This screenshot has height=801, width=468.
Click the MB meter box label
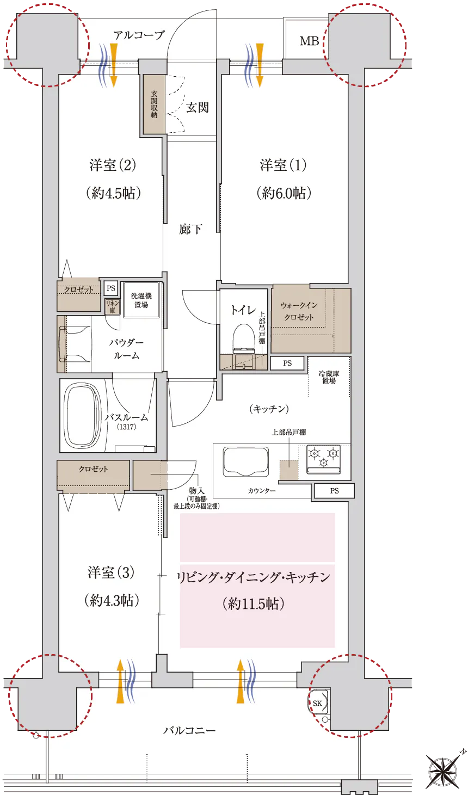coord(309,41)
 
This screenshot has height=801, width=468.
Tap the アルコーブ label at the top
coord(139,35)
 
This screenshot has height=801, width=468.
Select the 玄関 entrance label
coord(198,107)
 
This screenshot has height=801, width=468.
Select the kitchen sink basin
coord(245,461)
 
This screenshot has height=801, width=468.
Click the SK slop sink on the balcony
coord(318,703)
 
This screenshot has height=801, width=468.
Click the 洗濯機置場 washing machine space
coord(141,300)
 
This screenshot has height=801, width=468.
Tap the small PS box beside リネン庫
coord(111,288)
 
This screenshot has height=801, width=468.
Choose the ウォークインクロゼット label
coord(299,311)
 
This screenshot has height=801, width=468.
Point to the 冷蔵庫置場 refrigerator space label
coord(329,377)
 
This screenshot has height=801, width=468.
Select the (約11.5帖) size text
coord(254,604)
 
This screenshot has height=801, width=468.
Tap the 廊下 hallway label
coord(190,229)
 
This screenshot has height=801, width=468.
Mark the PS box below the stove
coord(334,491)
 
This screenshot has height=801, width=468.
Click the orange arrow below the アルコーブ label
coord(113,65)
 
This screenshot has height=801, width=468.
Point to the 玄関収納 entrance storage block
coord(154,104)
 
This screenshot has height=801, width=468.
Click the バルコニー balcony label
coord(189,730)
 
